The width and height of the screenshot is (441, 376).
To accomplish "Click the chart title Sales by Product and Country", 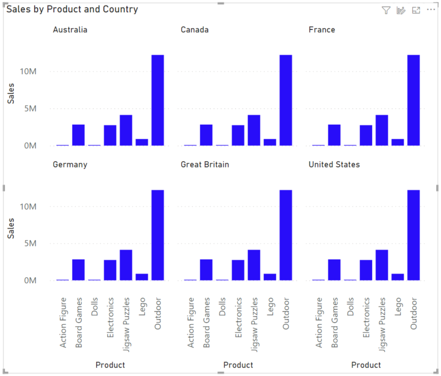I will [72, 10].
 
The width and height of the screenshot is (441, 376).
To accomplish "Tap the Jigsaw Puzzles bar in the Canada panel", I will [254, 130].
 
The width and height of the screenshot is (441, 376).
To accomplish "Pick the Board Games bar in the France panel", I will [334, 135].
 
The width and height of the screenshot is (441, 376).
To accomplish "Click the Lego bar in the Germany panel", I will [141, 277].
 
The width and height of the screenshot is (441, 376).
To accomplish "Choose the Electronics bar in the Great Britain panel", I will [238, 270].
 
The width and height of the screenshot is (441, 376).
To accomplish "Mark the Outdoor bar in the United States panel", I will [413, 235].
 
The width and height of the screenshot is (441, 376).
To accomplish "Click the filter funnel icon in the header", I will [386, 10].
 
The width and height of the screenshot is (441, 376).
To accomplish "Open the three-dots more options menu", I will [431, 10].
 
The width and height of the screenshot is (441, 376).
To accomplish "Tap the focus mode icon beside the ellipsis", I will [416, 10].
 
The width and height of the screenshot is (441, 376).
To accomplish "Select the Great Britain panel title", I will [204, 164].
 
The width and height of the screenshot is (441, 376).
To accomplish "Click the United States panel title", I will [334, 164].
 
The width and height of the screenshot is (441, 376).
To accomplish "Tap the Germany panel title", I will [69, 164].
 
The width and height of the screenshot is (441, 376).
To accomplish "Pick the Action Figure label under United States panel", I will [319, 323].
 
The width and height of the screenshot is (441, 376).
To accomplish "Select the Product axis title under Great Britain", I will [238, 365].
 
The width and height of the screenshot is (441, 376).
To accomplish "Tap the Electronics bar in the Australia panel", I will [110, 135].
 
